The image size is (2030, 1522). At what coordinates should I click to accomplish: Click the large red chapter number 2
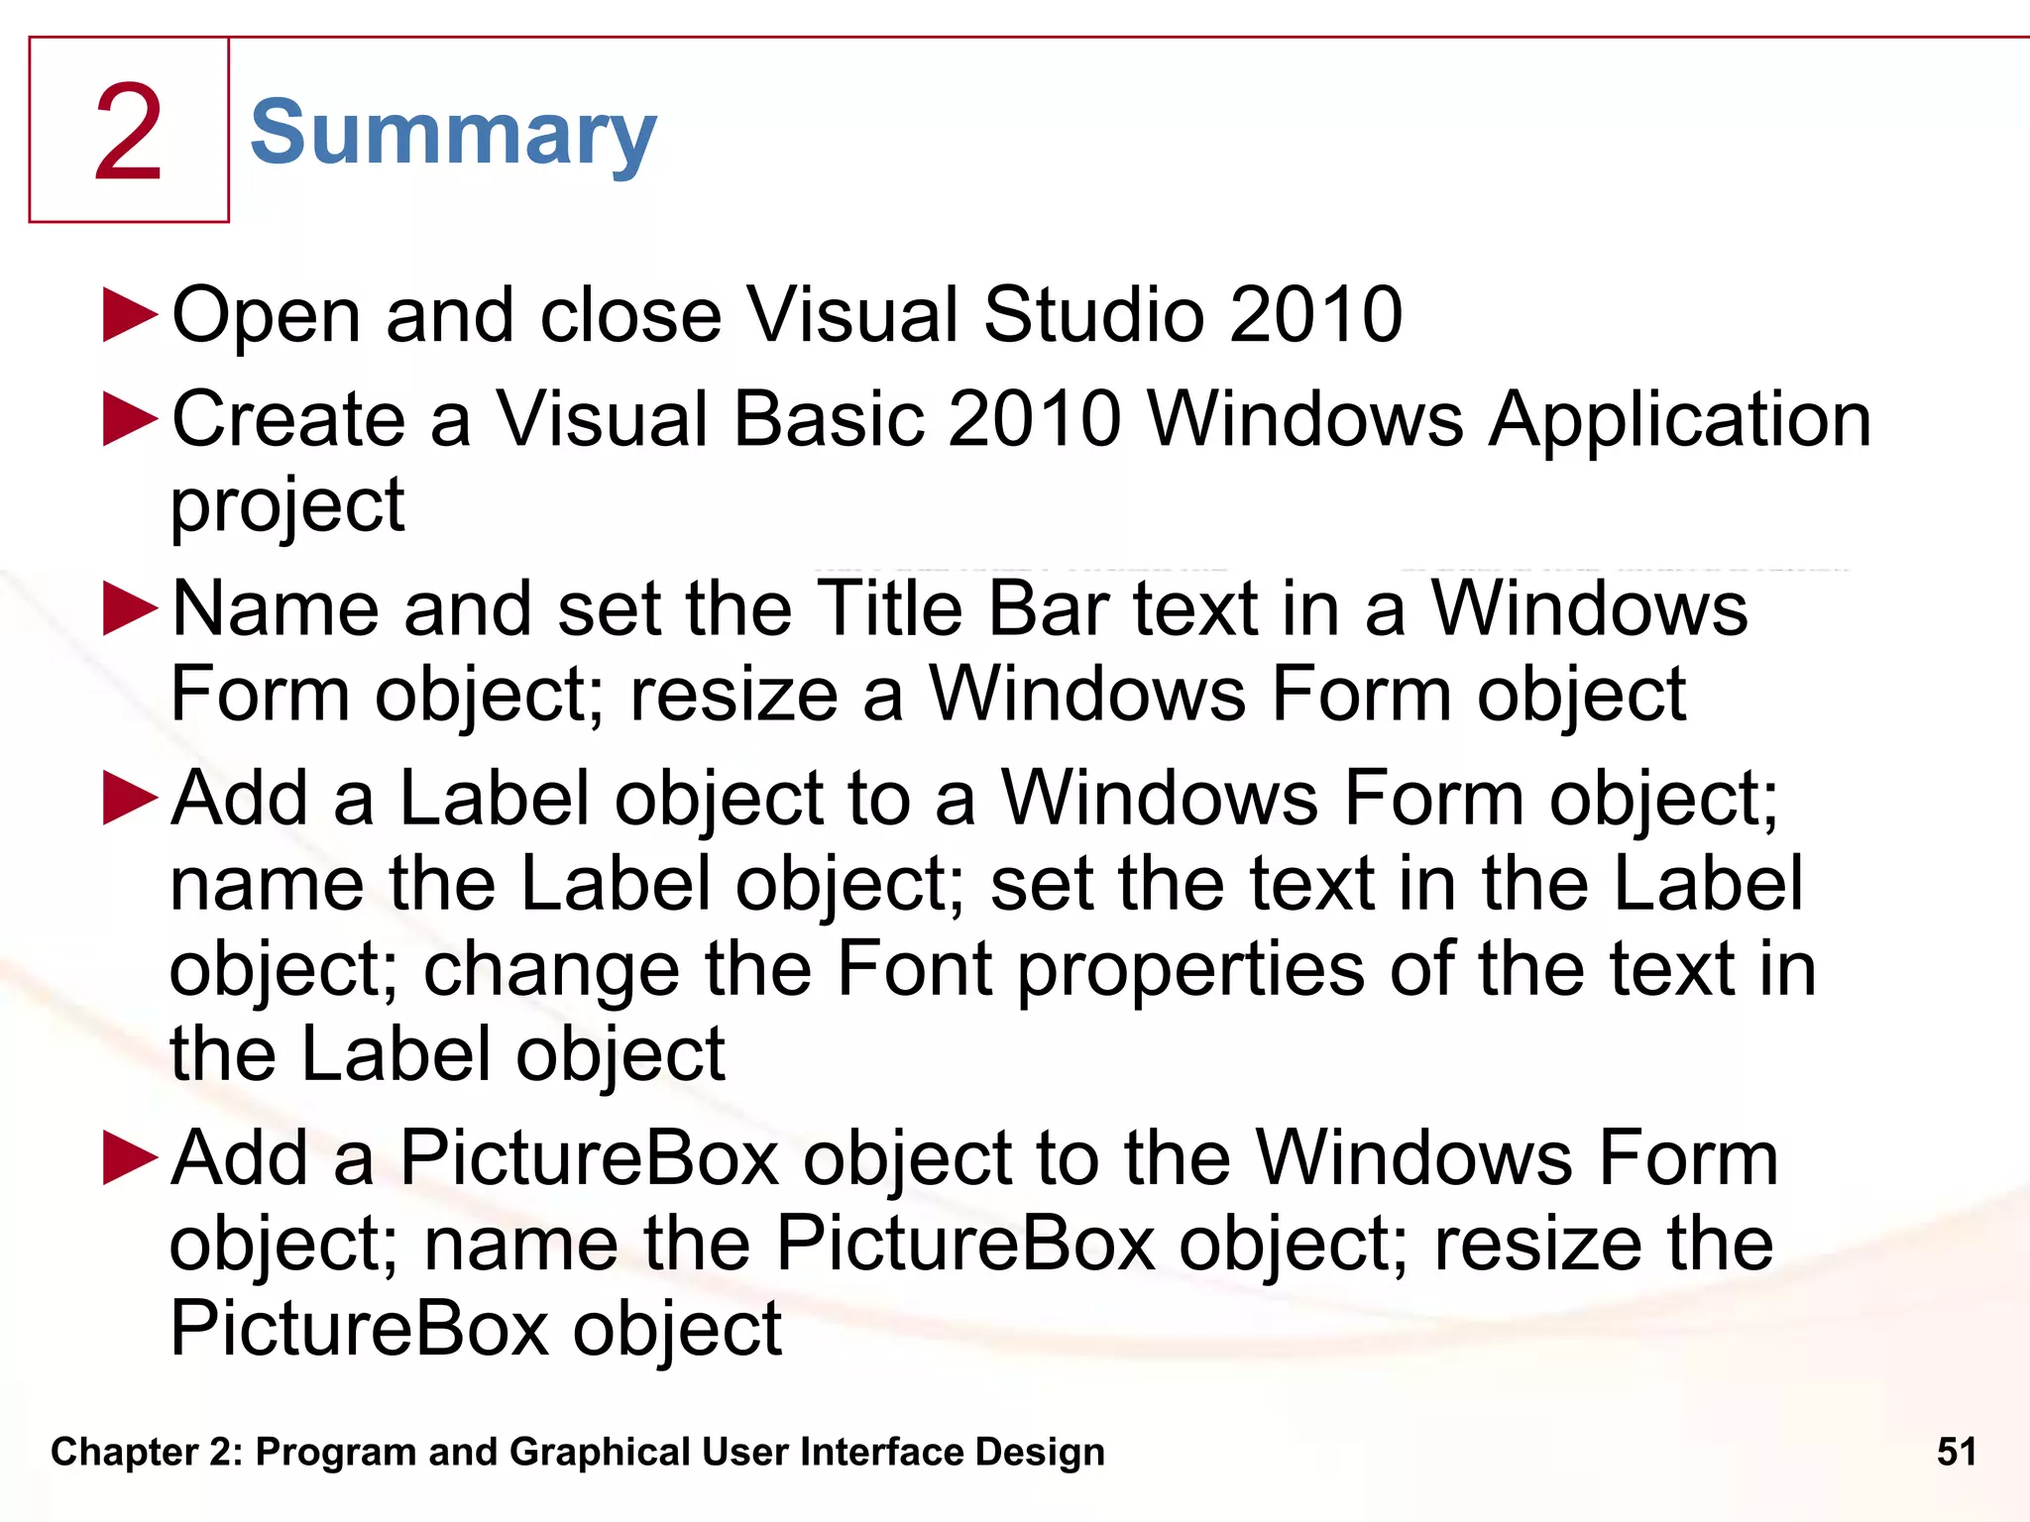[x=129, y=133]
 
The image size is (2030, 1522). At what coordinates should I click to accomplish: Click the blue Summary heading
[x=453, y=135]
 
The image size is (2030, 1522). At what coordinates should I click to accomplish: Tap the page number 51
[x=1956, y=1452]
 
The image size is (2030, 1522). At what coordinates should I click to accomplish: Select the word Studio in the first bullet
[x=1093, y=315]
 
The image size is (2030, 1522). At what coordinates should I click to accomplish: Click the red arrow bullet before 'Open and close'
[x=130, y=315]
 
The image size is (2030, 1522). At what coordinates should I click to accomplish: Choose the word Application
[x=1680, y=420]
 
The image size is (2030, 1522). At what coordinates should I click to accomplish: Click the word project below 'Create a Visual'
[x=287, y=505]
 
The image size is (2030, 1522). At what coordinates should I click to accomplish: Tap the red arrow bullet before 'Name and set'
[x=130, y=607]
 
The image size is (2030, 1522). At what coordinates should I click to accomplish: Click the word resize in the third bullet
[x=734, y=694]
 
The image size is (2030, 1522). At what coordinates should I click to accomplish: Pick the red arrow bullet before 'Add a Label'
[x=130, y=798]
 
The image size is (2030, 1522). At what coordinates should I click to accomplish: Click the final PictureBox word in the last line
[x=359, y=1329]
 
